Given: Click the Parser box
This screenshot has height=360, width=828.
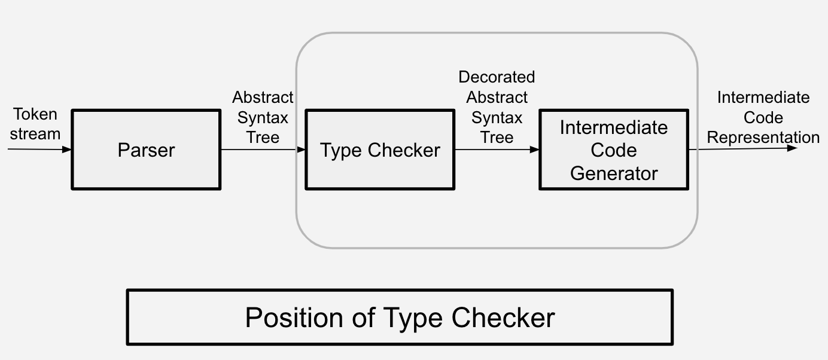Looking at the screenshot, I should tap(146, 150).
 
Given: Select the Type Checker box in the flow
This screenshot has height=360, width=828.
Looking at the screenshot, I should tap(380, 150).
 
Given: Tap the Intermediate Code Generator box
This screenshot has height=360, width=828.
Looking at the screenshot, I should tap(614, 150).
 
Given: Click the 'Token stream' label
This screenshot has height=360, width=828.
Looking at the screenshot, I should tap(35, 124).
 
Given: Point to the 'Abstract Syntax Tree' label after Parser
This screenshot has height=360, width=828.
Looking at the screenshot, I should tap(263, 117).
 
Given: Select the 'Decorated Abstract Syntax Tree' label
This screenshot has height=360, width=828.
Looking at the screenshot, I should tap(497, 107).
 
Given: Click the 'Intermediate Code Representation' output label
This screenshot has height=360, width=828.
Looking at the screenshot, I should tap(763, 117).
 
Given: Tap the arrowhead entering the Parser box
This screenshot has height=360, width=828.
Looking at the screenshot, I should tap(67, 149).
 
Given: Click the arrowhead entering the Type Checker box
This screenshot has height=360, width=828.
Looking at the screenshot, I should tap(301, 149).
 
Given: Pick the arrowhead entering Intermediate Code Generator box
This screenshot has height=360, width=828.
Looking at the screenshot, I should tap(535, 149).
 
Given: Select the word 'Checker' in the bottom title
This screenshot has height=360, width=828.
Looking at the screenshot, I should tap(503, 318).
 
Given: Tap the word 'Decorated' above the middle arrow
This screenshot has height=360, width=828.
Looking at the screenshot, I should tap(497, 77).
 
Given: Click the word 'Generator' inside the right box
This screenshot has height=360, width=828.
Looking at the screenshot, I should tap(614, 173).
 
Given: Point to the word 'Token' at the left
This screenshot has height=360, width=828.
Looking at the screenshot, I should tap(35, 114).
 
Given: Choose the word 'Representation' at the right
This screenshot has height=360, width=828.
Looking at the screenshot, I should tap(763, 138).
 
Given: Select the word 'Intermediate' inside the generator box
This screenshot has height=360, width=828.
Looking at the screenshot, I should tap(614, 127).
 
